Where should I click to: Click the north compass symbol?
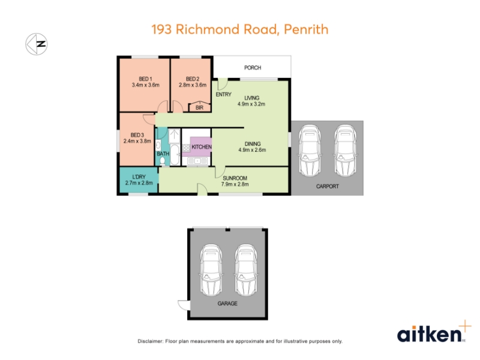click(37, 44)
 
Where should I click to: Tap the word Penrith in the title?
click(306, 29)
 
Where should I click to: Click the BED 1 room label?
click(145, 79)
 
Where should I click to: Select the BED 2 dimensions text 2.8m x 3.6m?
click(193, 85)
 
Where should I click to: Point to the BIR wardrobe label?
click(199, 108)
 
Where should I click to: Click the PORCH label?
click(253, 68)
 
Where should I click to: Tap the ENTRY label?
click(223, 95)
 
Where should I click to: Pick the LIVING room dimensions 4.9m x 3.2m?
click(251, 104)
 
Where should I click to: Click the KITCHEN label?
click(202, 147)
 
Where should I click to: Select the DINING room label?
click(253, 144)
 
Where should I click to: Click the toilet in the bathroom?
click(163, 161)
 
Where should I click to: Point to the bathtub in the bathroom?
click(175, 155)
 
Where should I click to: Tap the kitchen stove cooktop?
click(186, 148)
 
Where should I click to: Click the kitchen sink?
click(197, 161)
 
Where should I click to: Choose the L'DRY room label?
click(139, 177)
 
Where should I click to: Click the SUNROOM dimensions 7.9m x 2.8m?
click(235, 184)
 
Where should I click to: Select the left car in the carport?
click(310, 151)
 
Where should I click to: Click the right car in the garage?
click(246, 271)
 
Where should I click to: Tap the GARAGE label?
click(227, 304)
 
